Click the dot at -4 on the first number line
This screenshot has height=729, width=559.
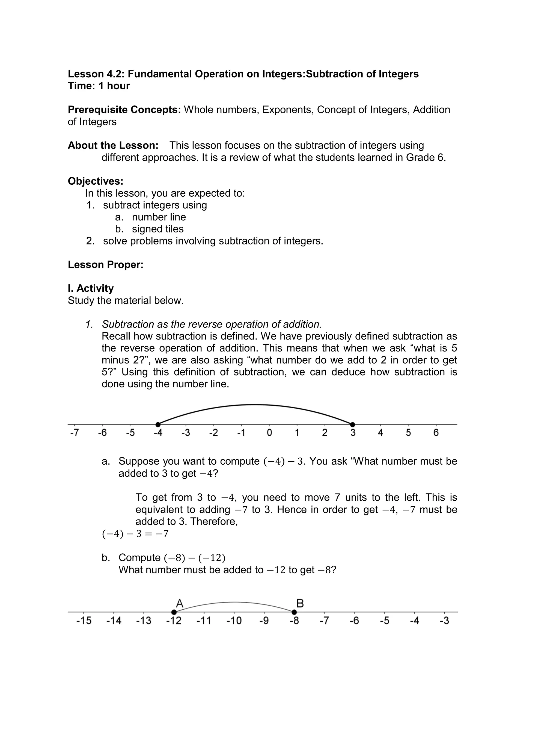[158, 424]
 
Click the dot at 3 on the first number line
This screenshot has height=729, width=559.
[353, 424]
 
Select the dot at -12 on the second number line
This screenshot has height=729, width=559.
[174, 612]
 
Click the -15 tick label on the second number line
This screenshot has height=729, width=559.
[84, 621]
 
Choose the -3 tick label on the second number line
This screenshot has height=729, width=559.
[444, 621]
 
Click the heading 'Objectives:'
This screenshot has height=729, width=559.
[96, 181]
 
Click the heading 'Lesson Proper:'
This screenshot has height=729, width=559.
[105, 265]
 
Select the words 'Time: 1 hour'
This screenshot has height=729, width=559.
[99, 86]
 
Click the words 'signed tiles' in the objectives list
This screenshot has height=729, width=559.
[158, 229]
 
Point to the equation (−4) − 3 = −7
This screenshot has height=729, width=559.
[135, 534]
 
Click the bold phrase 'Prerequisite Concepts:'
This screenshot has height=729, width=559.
[124, 110]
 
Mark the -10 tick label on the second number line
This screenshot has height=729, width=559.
[234, 621]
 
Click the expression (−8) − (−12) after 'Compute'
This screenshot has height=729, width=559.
[195, 557]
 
